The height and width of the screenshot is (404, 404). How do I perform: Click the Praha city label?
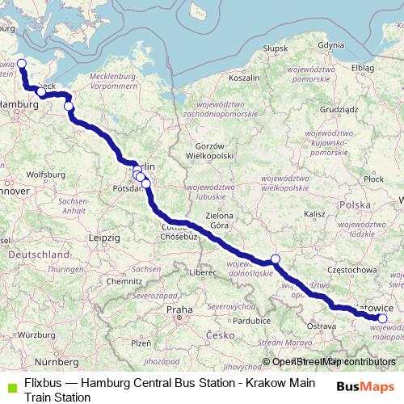point(179,309)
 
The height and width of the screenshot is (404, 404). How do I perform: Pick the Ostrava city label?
point(321,325)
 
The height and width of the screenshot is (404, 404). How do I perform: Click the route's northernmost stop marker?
point(22,64)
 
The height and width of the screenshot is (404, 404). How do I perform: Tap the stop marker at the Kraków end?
point(382,318)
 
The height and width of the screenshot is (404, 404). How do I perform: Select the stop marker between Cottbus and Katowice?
point(275,259)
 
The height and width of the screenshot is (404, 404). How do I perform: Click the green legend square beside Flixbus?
point(9,385)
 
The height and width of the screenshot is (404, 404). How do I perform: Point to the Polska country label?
point(356,205)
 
